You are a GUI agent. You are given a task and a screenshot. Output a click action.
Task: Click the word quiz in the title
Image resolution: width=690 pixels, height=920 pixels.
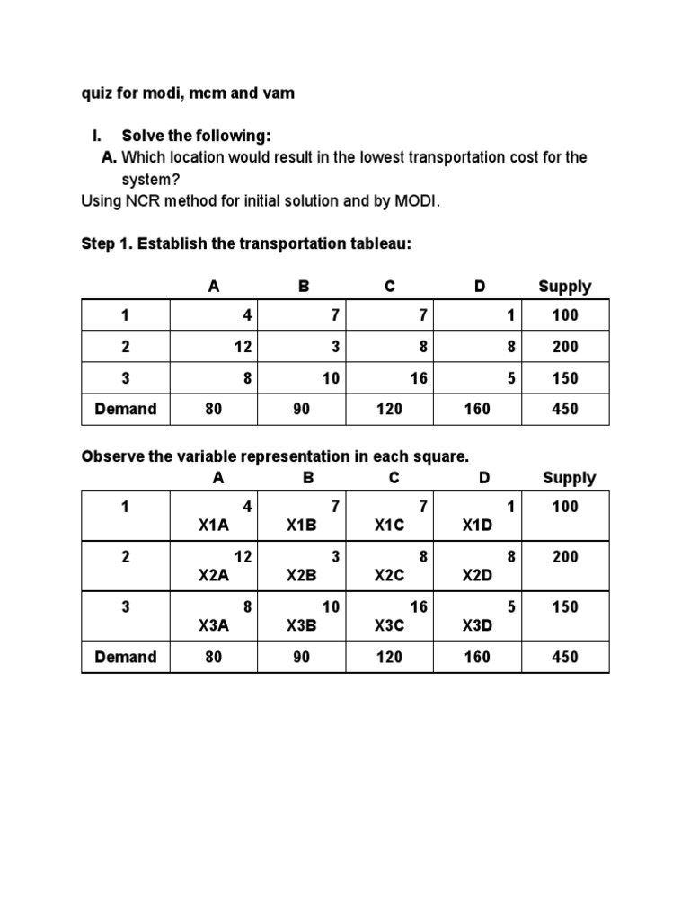coord(95,93)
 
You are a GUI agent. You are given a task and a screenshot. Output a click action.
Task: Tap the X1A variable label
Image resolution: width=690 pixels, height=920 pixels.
coord(214,526)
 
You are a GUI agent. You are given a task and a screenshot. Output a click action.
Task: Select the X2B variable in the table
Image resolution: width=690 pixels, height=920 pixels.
coord(302,576)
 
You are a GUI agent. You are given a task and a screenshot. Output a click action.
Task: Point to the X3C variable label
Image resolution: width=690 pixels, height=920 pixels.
coord(390,626)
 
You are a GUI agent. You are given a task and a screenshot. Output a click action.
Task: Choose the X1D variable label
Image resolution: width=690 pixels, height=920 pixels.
coord(477,526)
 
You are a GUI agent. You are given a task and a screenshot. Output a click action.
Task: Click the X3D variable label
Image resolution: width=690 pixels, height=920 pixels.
coord(477,626)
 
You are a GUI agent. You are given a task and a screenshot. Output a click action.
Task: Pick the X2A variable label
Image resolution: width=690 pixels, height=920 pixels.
coord(214,576)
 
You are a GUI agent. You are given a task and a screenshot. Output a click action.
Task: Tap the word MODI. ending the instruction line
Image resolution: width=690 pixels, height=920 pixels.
coord(418,200)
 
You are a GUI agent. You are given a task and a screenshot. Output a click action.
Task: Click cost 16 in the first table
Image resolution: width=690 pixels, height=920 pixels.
coord(419,378)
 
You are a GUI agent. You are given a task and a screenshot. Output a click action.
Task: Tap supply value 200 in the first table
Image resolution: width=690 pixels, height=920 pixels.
coord(565,347)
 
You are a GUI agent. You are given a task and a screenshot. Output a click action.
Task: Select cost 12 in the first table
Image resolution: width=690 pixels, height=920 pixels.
coord(243,347)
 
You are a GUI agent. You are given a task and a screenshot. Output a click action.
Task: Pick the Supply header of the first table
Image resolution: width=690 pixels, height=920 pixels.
coord(564,287)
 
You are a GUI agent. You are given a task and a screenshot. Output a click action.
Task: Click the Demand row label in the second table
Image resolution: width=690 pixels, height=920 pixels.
coord(125,657)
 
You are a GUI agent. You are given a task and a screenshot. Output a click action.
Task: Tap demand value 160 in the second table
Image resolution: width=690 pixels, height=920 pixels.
coord(477,657)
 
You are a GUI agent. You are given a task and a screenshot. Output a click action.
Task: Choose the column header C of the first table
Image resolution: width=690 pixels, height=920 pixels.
coord(390,287)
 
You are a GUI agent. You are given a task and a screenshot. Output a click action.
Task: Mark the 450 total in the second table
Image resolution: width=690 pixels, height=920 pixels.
coord(565,657)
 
